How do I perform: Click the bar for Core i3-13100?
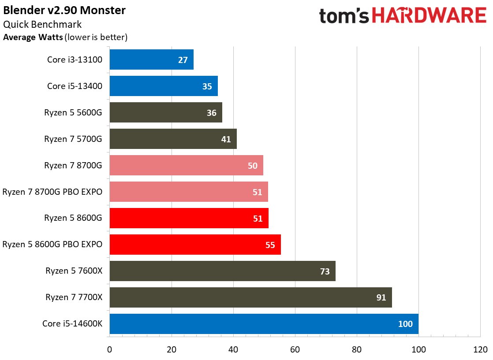[x=151, y=59]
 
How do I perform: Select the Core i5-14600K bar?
[x=264, y=324]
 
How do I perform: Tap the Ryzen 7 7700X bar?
[x=250, y=297]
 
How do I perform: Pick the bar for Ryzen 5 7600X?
[x=222, y=271]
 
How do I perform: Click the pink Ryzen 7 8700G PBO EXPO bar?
[x=188, y=192]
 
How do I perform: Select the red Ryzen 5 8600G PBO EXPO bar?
[x=195, y=245]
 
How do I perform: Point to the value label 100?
[x=405, y=324]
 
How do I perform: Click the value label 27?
[x=183, y=60]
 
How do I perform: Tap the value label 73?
[x=325, y=271]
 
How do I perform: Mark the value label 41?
[x=226, y=139]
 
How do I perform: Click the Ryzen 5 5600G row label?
[x=73, y=112]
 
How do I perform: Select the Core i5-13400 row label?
[x=75, y=86]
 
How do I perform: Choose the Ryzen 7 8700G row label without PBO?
[x=73, y=165]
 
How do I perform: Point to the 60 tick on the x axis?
[x=295, y=350]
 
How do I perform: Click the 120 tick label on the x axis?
[x=480, y=350]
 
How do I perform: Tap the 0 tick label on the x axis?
[x=109, y=350]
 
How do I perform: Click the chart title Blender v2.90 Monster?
[x=64, y=10]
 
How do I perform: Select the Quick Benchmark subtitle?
[x=42, y=24]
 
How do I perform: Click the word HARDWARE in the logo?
[x=429, y=16]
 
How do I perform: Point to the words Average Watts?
[x=33, y=37]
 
